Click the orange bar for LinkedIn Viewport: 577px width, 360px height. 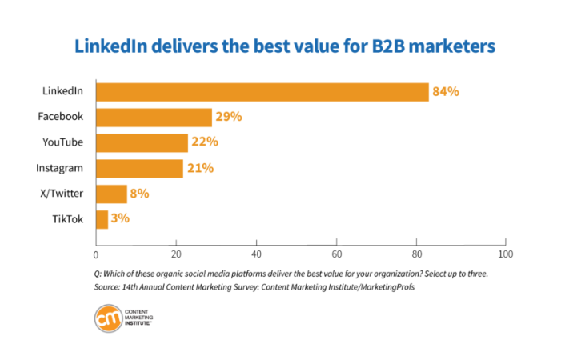coord(262,92)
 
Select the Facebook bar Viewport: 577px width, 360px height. coord(154,118)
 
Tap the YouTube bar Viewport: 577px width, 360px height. coord(142,143)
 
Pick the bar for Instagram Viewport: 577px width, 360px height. coord(139,168)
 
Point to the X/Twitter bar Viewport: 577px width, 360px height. coord(111,194)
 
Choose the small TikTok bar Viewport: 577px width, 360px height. coord(102,218)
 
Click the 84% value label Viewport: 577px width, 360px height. coord(445,92)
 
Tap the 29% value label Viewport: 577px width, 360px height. coord(228,118)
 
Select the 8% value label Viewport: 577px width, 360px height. coord(139,194)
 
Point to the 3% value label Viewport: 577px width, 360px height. coord(120,218)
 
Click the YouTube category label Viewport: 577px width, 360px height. coord(62,142)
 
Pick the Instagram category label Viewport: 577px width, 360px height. coord(60,168)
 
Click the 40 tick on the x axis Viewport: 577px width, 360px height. coord(255,255)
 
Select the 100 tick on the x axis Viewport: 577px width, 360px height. coord(504,255)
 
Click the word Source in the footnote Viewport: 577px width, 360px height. coord(108,286)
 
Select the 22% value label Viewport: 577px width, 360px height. coord(204,143)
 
